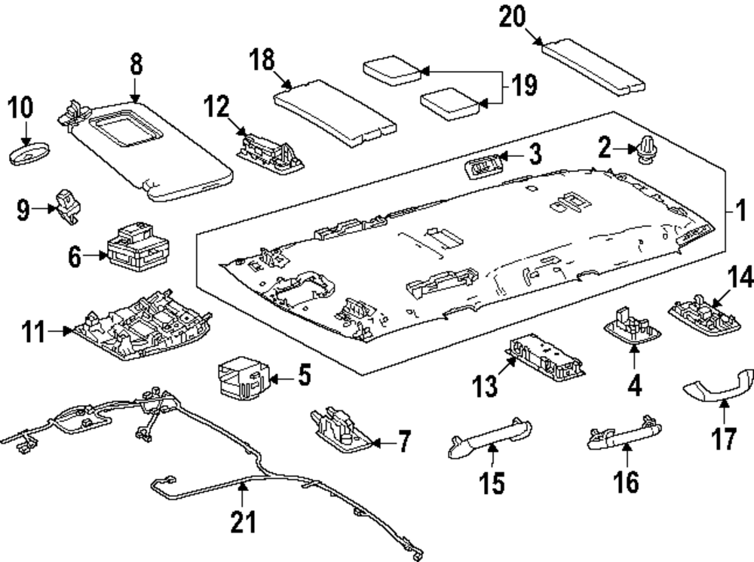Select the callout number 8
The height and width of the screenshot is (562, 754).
tap(136, 66)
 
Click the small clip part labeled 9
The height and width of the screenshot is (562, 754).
tap(69, 206)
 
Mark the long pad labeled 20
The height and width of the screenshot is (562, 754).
tap(596, 67)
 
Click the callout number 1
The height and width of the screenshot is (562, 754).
tap(740, 209)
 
